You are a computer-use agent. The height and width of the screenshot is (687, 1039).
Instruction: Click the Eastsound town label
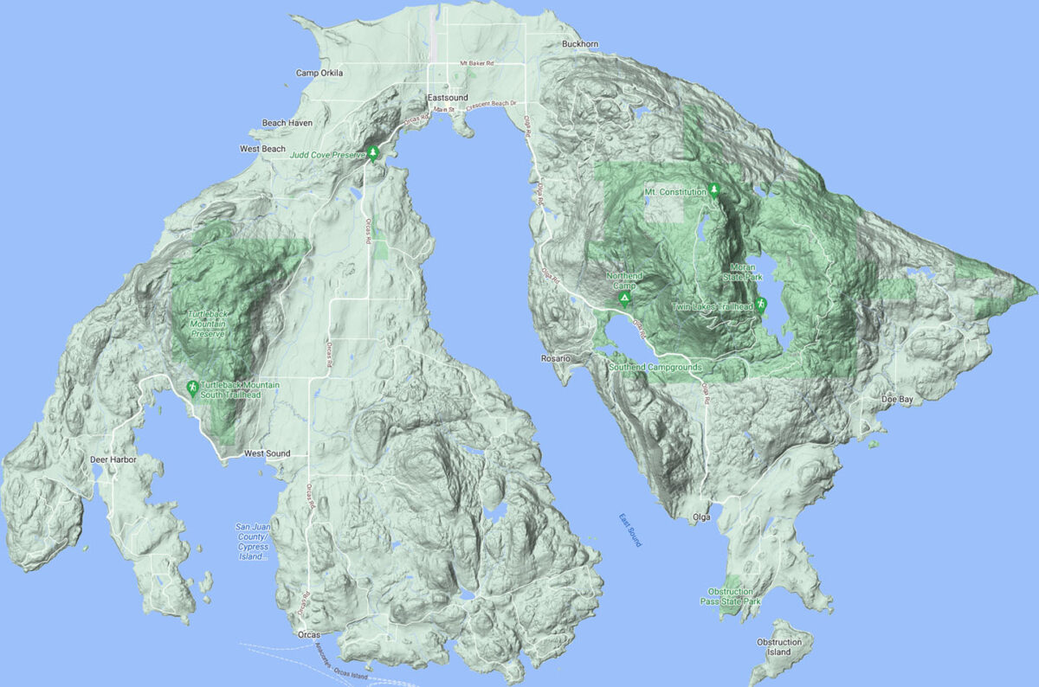(448, 98)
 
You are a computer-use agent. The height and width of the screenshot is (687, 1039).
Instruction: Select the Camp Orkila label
(319, 74)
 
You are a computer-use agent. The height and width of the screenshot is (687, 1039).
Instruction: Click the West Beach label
(262, 149)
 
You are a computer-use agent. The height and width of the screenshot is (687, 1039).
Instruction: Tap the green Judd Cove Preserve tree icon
(373, 153)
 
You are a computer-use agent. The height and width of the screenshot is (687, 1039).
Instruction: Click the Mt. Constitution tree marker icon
(714, 189)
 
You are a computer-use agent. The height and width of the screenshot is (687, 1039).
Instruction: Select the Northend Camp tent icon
(623, 299)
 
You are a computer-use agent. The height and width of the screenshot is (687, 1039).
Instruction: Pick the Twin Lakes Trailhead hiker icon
(760, 304)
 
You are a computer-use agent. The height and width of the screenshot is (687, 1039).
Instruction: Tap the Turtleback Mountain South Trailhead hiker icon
(192, 388)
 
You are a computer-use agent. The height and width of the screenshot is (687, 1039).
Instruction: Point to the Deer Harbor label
(113, 459)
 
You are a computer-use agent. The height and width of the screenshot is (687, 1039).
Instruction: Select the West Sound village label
(267, 453)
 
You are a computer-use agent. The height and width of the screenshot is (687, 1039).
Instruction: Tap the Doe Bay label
(897, 400)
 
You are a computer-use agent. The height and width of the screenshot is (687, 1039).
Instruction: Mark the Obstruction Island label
(779, 647)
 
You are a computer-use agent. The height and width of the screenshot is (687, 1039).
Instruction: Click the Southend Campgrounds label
(655, 367)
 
